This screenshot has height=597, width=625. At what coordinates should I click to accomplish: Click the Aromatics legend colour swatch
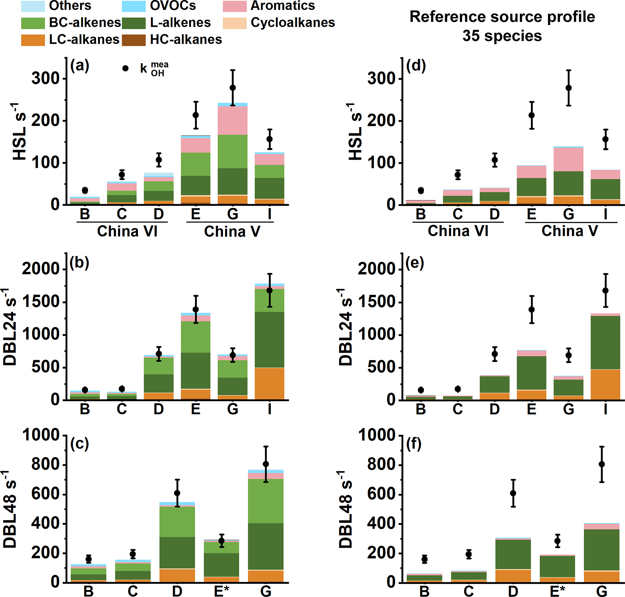click(x=234, y=6)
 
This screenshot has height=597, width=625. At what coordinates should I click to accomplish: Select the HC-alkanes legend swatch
click(x=133, y=40)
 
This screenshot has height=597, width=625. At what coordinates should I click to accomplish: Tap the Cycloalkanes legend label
click(x=293, y=23)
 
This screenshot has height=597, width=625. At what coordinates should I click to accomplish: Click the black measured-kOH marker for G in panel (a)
click(x=233, y=88)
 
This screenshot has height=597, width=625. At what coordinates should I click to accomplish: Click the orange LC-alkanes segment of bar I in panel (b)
click(x=269, y=383)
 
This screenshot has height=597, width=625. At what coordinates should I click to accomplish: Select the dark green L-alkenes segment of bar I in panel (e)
click(x=605, y=342)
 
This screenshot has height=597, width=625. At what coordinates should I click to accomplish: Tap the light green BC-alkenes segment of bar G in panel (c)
click(x=266, y=501)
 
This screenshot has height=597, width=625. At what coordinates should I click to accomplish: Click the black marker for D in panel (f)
click(x=513, y=493)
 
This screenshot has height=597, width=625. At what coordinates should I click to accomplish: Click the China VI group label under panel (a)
click(x=127, y=231)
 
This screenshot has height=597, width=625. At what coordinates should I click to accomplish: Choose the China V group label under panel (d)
click(x=570, y=231)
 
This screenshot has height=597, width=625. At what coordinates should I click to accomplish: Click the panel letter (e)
click(x=415, y=263)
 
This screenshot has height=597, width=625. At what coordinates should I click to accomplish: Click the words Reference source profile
click(x=502, y=17)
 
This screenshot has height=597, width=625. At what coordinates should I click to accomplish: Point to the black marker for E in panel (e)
click(x=531, y=309)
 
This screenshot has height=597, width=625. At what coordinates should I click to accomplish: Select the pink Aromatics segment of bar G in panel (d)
click(x=568, y=159)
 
